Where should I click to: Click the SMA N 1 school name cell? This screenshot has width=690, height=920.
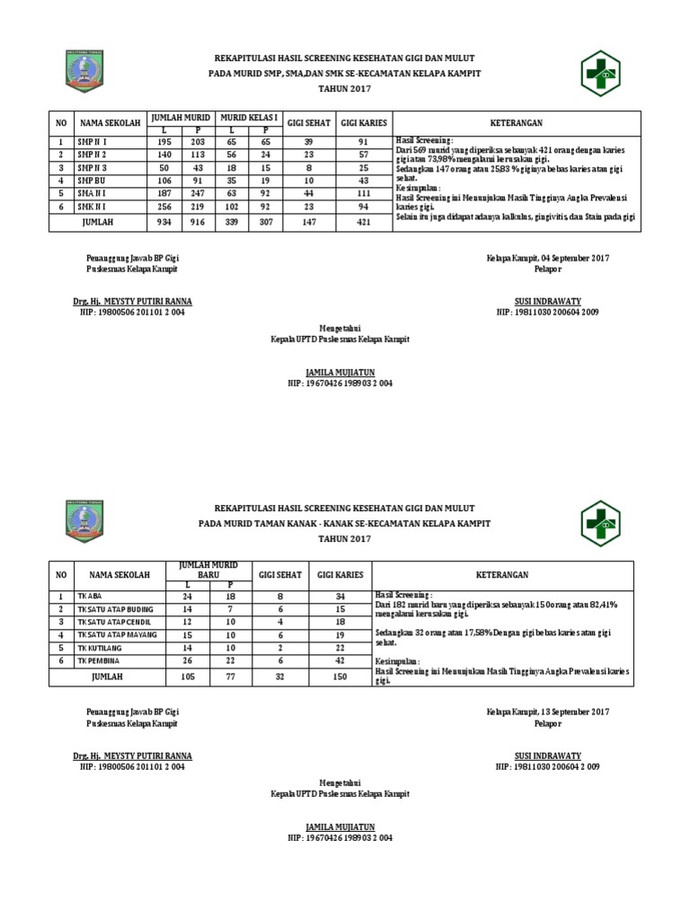pos(92,192)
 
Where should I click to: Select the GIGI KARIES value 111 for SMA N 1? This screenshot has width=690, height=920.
pos(364,192)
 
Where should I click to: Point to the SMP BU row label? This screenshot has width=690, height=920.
pos(91,180)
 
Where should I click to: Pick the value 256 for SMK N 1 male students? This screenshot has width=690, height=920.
pos(164,206)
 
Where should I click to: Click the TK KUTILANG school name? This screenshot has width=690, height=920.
pos(99,647)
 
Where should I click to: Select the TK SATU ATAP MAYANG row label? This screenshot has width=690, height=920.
pos(116,634)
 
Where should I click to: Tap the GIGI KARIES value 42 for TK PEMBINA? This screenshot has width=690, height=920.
pos(341,660)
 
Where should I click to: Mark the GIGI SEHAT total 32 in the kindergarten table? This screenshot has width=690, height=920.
pos(280,676)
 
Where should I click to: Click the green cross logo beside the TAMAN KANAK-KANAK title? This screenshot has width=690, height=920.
pos(600,524)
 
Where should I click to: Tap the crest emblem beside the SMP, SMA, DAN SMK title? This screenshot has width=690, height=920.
pos(85,71)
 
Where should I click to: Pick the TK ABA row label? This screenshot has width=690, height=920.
pos(88,596)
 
